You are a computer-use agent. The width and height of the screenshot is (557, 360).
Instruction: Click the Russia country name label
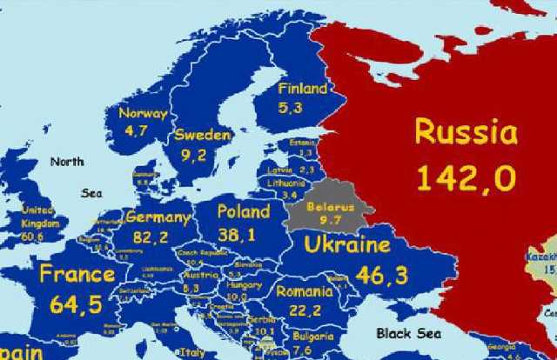coord(466,133)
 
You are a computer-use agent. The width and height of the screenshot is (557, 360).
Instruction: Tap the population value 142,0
coord(465,178)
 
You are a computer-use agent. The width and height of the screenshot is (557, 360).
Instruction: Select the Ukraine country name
coord(346,244)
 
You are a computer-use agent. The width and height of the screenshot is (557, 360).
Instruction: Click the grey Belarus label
coord(331,208)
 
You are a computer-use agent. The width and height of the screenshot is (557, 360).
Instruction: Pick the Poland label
coord(243,211)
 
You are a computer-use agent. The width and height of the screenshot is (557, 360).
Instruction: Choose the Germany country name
coord(158,217)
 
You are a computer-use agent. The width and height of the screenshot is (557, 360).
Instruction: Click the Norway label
coord(143,114)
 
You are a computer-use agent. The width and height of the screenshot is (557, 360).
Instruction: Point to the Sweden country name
coord(202,136)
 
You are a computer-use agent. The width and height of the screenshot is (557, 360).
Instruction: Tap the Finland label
coord(302,89)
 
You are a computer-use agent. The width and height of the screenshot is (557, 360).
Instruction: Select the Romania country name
coord(304,291)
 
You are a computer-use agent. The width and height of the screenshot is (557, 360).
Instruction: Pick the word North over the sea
coord(67,161)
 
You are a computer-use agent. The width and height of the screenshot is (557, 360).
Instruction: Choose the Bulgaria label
coord(312,337)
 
